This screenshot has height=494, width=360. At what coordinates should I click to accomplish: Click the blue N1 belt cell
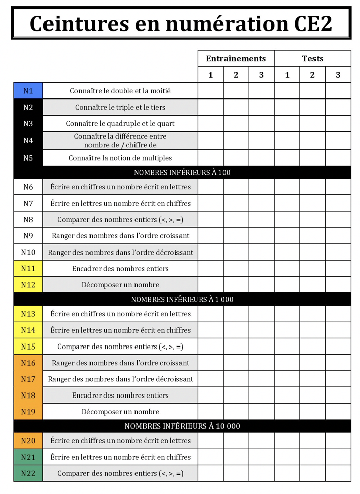[28, 91]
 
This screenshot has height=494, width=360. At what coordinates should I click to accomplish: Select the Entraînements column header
[236, 58]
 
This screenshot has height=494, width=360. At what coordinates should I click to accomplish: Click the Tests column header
[312, 58]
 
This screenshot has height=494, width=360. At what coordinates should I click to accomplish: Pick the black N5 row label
[28, 158]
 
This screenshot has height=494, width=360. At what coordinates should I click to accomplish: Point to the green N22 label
[28, 473]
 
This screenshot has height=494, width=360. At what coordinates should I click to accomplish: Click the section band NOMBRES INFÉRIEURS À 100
[182, 172]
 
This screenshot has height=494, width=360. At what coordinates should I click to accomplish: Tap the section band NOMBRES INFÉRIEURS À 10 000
[182, 426]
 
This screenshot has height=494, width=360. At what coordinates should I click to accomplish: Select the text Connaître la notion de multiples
[120, 158]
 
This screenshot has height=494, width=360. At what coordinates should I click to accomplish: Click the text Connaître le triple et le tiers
[120, 107]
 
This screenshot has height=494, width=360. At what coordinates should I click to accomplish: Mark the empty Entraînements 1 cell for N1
[210, 91]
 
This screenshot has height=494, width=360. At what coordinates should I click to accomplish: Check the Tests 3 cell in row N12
[338, 285]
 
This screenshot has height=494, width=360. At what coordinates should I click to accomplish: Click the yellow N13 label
[28, 314]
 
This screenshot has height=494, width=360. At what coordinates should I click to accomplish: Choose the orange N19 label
[28, 411]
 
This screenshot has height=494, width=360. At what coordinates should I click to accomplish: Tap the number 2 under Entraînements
[236, 75]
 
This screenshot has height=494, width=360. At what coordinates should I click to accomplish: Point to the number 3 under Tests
[338, 75]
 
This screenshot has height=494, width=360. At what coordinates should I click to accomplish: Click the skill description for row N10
[120, 252]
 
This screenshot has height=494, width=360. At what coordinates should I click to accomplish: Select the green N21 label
[28, 457]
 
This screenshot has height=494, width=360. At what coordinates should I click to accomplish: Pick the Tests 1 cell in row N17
[287, 379]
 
